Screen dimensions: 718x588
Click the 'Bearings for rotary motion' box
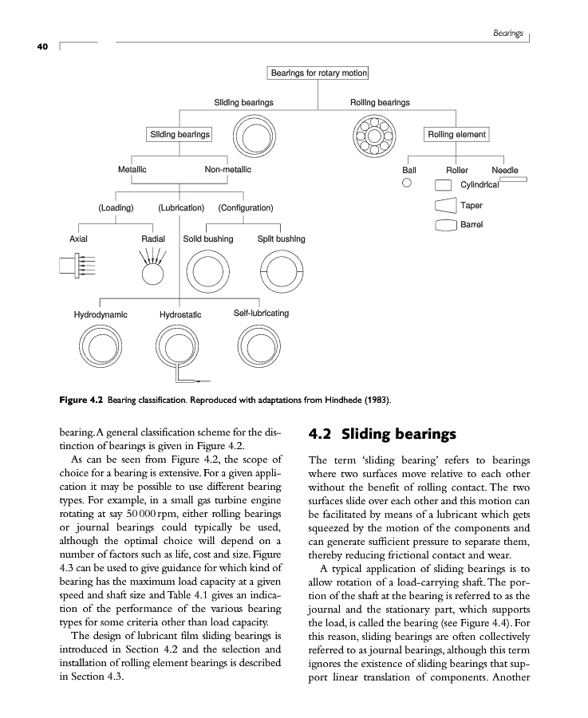318,73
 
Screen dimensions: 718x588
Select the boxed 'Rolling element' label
456,134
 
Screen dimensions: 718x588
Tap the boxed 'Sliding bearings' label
180,134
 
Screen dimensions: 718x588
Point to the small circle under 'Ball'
407,183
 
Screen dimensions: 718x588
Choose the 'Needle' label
504,170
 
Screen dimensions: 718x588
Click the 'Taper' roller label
472,205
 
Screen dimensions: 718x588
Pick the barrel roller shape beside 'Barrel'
444,225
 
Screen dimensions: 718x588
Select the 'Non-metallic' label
228,169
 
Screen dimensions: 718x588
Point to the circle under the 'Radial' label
152,273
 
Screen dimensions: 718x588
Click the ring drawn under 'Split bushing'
281,273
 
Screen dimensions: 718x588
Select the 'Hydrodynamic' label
101,314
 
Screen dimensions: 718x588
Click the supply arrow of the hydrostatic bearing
200,380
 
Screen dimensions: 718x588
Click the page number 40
42,47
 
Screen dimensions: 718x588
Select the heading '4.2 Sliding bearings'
382,435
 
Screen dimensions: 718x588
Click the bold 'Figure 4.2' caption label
82,398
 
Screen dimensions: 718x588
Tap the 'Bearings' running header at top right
507,34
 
